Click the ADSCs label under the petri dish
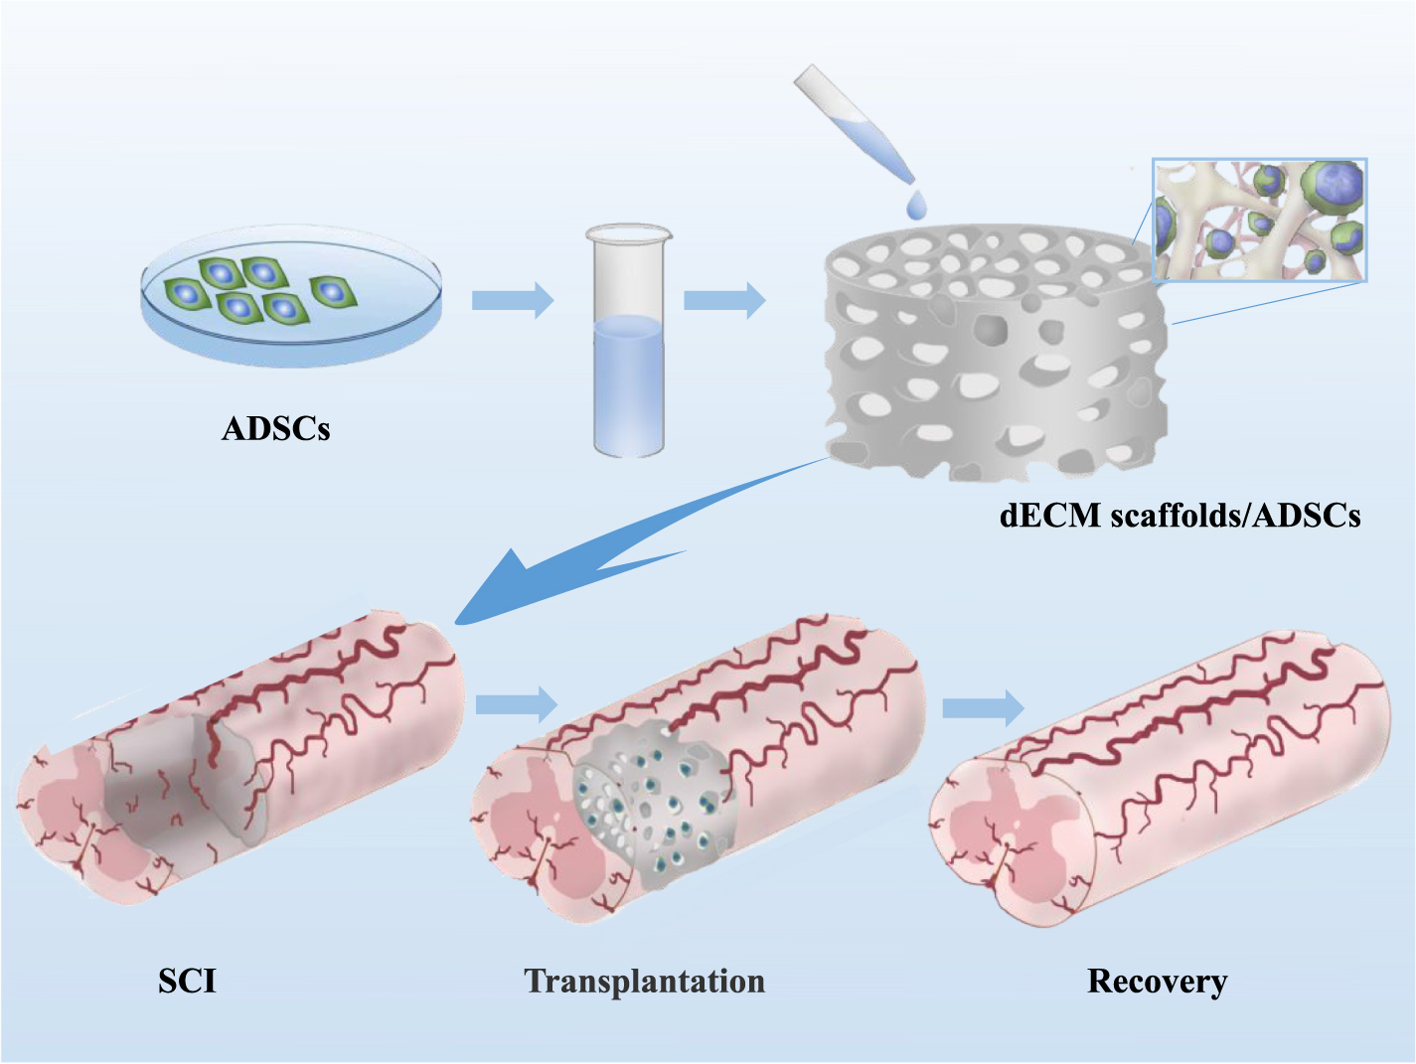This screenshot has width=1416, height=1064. pos(275,429)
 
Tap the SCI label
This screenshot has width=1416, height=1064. pos(187,981)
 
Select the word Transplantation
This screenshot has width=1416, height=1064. pos(644,981)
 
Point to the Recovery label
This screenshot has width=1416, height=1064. pos(1157,981)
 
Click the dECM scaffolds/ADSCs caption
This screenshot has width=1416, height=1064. pos(1180,516)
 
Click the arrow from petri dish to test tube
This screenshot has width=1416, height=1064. pos(512,299)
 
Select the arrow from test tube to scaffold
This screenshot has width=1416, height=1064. pos(724,299)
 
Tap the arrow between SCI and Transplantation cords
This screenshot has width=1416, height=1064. pos(516,704)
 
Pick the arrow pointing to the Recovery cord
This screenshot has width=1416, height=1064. pos(982,707)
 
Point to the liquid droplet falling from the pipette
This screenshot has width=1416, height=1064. pos(915,205)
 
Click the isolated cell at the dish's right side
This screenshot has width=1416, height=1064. pos(333,291)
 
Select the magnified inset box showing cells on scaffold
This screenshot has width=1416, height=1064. pos(1259,220)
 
